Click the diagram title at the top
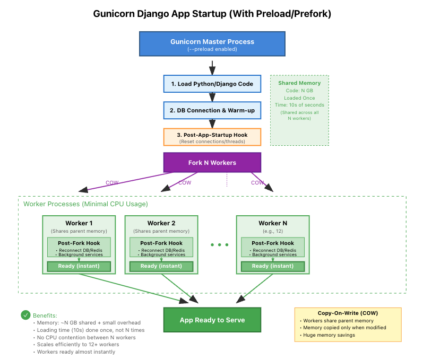click(x=212, y=14)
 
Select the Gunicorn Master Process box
click(x=212, y=43)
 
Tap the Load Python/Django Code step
click(x=212, y=84)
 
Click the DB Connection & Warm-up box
click(x=212, y=110)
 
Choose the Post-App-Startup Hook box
click(x=212, y=137)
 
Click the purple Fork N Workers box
click(x=212, y=162)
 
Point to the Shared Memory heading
click(x=299, y=83)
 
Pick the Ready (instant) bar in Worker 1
click(x=79, y=266)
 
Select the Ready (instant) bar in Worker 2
click(x=161, y=266)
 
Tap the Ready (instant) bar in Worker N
click(x=272, y=266)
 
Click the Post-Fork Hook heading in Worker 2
click(x=161, y=243)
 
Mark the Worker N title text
click(x=272, y=223)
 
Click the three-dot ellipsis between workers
click(x=219, y=245)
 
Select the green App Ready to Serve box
click(x=212, y=320)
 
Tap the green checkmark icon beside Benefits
click(x=25, y=315)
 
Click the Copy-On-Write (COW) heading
click(x=348, y=313)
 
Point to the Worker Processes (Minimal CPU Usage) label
click(x=85, y=204)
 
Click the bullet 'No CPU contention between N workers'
click(x=86, y=337)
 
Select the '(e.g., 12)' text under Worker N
click(x=272, y=231)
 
